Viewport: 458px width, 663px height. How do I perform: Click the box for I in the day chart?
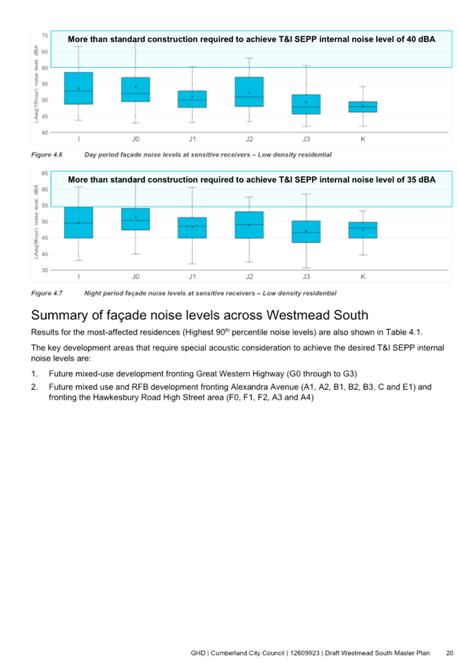pyautogui.click(x=78, y=88)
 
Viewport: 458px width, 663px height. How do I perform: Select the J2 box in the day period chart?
pyautogui.click(x=249, y=91)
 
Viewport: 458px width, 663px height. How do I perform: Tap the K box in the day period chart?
pyautogui.click(x=363, y=107)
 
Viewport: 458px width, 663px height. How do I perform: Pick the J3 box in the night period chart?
pyautogui.click(x=306, y=231)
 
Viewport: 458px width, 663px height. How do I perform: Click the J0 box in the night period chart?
pyautogui.click(x=135, y=219)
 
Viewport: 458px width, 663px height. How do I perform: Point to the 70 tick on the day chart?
pyautogui.click(x=45, y=36)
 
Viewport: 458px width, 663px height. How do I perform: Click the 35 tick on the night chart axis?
pyautogui.click(x=45, y=269)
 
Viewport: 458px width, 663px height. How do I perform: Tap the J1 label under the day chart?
pyautogui.click(x=192, y=139)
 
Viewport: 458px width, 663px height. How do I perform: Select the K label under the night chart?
pyautogui.click(x=363, y=277)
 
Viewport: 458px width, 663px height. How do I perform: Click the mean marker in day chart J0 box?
pyautogui.click(x=135, y=87)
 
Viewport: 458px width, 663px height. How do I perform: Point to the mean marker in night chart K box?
pyautogui.click(x=363, y=230)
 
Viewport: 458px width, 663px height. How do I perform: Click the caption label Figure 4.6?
pyautogui.click(x=46, y=155)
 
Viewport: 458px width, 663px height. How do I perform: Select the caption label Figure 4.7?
pyautogui.click(x=46, y=293)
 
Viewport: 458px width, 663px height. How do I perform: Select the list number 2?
pyautogui.click(x=34, y=387)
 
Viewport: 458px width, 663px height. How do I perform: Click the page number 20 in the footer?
pyautogui.click(x=449, y=653)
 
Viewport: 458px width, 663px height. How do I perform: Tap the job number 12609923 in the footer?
pyautogui.click(x=305, y=653)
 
